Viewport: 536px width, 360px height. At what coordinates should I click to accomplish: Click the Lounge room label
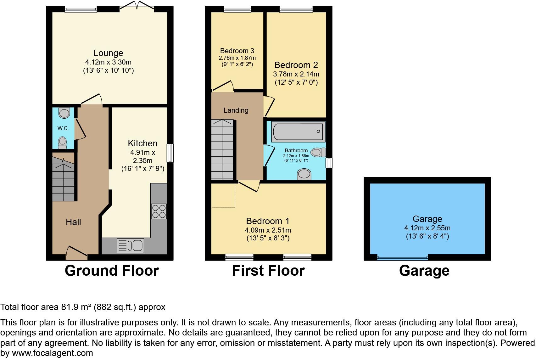(108, 53)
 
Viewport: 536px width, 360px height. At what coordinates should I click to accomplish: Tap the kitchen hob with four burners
(159, 211)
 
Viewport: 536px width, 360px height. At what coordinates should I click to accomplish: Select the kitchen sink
(131, 245)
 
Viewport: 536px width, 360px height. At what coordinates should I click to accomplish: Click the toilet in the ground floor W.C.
(63, 142)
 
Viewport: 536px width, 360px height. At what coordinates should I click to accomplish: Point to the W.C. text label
(63, 128)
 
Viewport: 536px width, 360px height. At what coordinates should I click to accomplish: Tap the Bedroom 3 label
(237, 51)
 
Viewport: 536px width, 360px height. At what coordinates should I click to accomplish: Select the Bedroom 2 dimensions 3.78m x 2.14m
(296, 74)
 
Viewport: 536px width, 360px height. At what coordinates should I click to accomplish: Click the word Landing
(236, 110)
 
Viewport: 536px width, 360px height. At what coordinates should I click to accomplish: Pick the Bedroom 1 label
(268, 221)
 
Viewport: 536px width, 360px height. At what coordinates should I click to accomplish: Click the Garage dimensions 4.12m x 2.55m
(427, 228)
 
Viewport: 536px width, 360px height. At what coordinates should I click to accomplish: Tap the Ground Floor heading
(112, 271)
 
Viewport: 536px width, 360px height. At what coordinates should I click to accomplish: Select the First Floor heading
(268, 271)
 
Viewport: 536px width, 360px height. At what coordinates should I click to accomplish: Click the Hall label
(73, 222)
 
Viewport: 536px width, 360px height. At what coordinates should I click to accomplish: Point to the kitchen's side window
(170, 153)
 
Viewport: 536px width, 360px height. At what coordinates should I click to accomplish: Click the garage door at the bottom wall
(402, 258)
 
